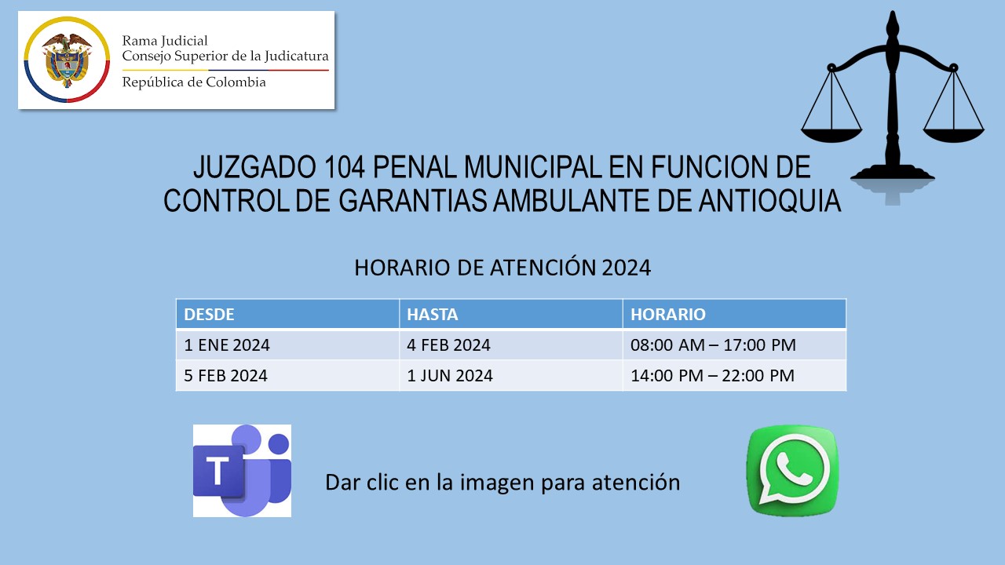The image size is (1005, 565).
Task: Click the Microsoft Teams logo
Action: [242, 470]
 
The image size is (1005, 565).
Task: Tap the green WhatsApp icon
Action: [792, 470]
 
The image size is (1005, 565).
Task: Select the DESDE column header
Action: [287, 314]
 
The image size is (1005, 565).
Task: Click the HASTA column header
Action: [510, 314]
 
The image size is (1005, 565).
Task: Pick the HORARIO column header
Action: [734, 314]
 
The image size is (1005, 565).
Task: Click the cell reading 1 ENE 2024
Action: [287, 344]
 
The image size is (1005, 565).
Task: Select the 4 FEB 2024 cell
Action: [510, 344]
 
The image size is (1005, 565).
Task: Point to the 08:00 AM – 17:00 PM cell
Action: [734, 344]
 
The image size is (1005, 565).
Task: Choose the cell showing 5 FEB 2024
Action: [287, 375]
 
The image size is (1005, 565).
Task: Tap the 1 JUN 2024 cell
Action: [510, 375]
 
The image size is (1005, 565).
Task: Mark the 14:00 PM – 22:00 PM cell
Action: [734, 375]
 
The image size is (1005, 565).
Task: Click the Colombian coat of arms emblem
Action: [67, 60]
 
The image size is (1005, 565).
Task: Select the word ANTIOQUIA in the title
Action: [769, 200]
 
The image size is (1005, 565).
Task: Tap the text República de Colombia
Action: [194, 83]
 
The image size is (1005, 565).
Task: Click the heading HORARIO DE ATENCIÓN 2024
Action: [502, 268]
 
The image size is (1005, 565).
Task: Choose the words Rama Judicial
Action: [165, 42]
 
